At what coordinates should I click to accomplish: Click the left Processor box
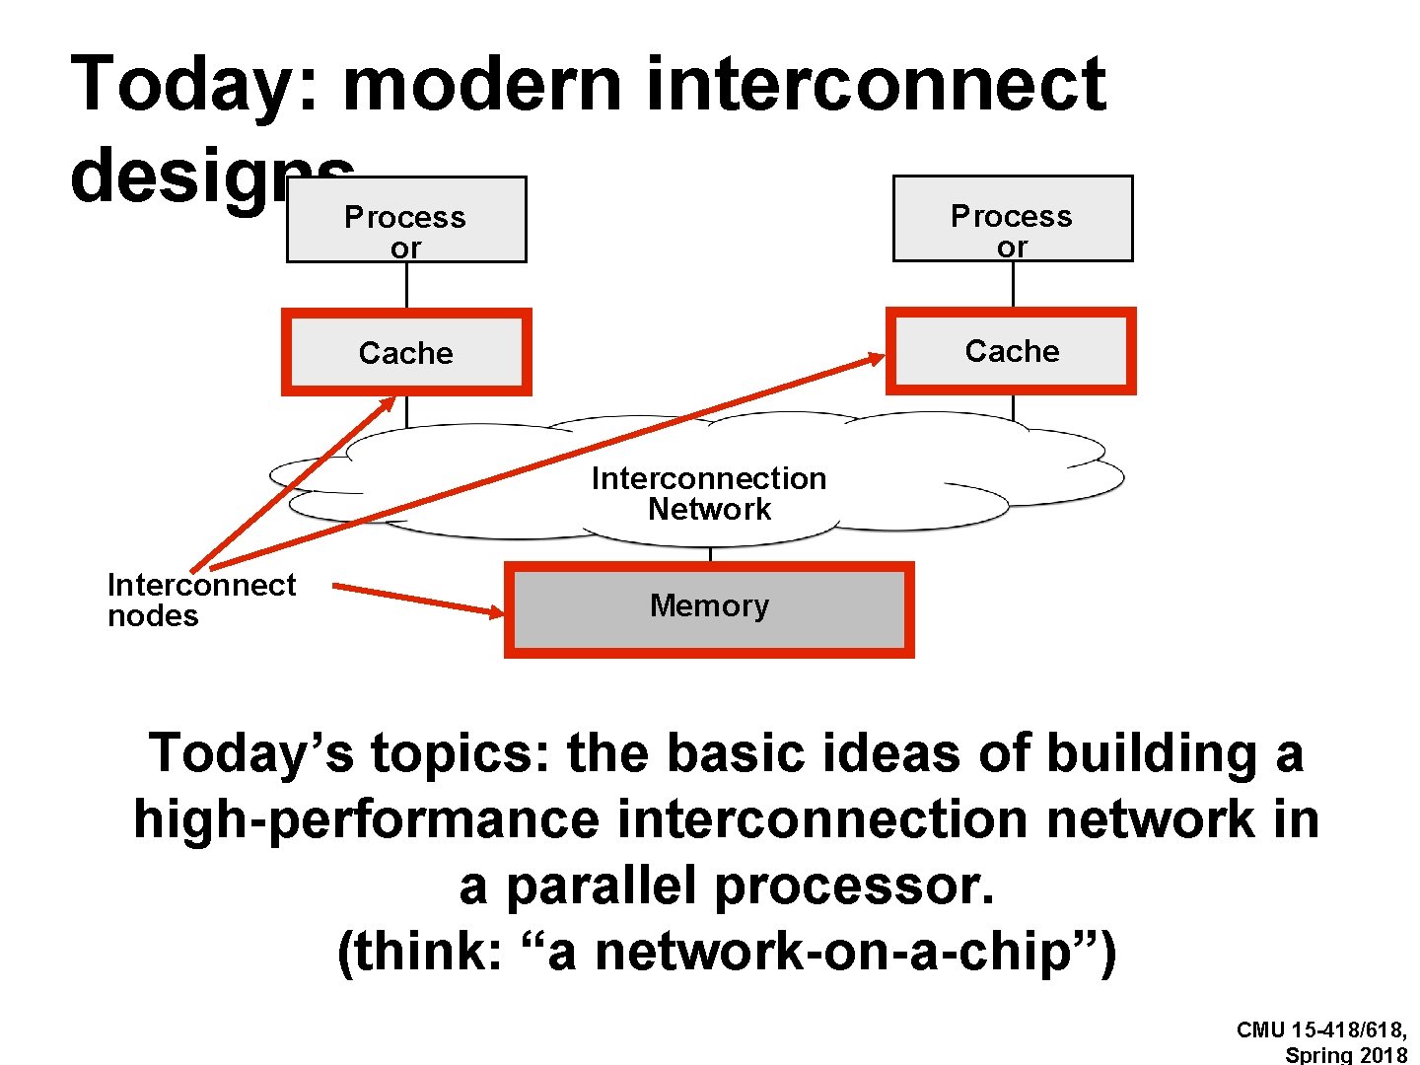[406, 220]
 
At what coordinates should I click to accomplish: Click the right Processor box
[1013, 219]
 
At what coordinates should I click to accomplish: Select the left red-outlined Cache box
[406, 352]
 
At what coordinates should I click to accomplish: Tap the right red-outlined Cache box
[1012, 351]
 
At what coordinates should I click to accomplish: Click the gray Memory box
[709, 608]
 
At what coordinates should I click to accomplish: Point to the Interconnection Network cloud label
[709, 493]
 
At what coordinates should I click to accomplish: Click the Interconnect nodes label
[201, 600]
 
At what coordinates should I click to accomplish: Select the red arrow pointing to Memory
[418, 599]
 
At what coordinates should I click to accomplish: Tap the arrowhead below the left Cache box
[388, 403]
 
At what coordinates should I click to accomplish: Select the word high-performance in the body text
[366, 819]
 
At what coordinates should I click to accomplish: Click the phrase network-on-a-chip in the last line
[832, 953]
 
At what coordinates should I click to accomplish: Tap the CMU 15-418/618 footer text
[1321, 1030]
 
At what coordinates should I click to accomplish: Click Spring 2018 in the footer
[1345, 1054]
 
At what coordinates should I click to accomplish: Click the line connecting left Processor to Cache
[406, 286]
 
